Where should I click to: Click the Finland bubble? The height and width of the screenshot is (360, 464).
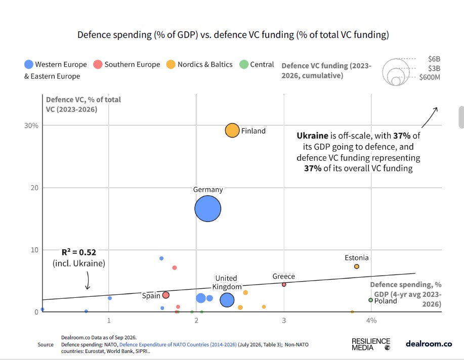tap(232, 130)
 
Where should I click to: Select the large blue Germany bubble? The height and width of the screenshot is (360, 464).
tap(208, 208)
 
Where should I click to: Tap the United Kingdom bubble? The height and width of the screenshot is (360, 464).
tap(227, 300)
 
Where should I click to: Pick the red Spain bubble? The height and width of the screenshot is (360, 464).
tap(166, 295)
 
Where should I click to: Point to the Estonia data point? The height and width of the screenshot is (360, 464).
tap(357, 266)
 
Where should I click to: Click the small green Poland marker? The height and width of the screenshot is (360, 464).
tap(370, 300)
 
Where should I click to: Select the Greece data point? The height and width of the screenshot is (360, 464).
tap(284, 285)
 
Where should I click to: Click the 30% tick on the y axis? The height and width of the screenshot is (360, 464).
tap(31, 126)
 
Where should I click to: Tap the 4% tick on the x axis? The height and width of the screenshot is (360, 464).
tap(371, 321)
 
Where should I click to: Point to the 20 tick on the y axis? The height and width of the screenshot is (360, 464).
tap(34, 188)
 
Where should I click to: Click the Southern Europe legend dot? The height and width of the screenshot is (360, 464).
tap(98, 65)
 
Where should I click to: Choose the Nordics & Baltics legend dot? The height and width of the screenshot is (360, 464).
tap(171, 65)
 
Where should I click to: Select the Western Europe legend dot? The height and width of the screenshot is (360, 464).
tap(29, 65)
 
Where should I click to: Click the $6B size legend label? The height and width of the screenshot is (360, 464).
tap(434, 59)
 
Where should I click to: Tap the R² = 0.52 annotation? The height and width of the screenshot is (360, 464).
tap(79, 252)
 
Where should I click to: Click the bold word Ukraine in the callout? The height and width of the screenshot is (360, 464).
tap(312, 136)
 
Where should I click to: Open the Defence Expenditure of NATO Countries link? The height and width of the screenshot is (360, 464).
tap(178, 345)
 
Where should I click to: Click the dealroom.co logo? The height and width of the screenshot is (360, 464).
tap(429, 344)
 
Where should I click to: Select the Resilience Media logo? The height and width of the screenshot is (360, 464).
tap(371, 344)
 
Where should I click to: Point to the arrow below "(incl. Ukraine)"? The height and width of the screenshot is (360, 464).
tap(88, 281)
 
